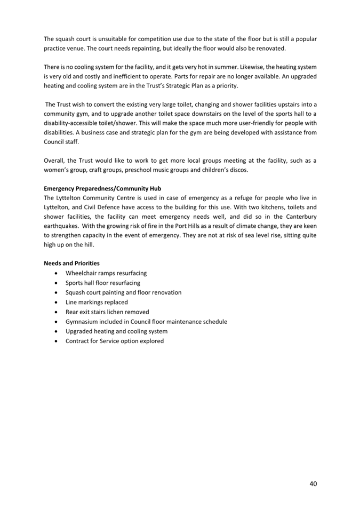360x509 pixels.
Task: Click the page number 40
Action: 313,484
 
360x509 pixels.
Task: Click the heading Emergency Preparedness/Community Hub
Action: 102,188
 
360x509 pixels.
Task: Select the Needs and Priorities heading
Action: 71,263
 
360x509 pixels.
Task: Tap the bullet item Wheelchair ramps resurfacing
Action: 106,273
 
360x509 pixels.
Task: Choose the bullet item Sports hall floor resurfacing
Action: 102,283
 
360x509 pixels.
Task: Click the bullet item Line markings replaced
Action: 97,302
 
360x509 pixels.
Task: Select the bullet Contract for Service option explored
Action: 114,341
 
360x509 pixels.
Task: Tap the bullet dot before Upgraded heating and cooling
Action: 57,332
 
